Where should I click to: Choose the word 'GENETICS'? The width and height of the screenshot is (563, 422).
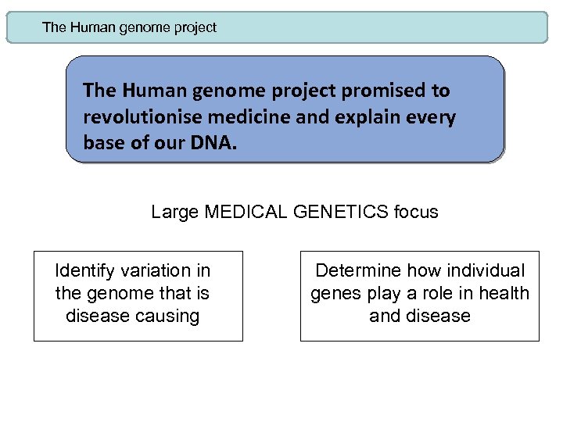pos(341,212)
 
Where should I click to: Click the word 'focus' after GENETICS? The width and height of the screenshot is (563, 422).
pos(415,212)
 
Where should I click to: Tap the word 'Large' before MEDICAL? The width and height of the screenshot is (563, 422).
pos(175,212)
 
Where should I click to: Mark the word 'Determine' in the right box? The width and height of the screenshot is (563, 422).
pos(354,270)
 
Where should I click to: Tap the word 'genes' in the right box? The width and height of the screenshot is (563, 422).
pos(335,293)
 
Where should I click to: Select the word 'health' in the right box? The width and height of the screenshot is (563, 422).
pos(503,293)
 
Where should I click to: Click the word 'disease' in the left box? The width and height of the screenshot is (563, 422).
pos(97,316)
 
